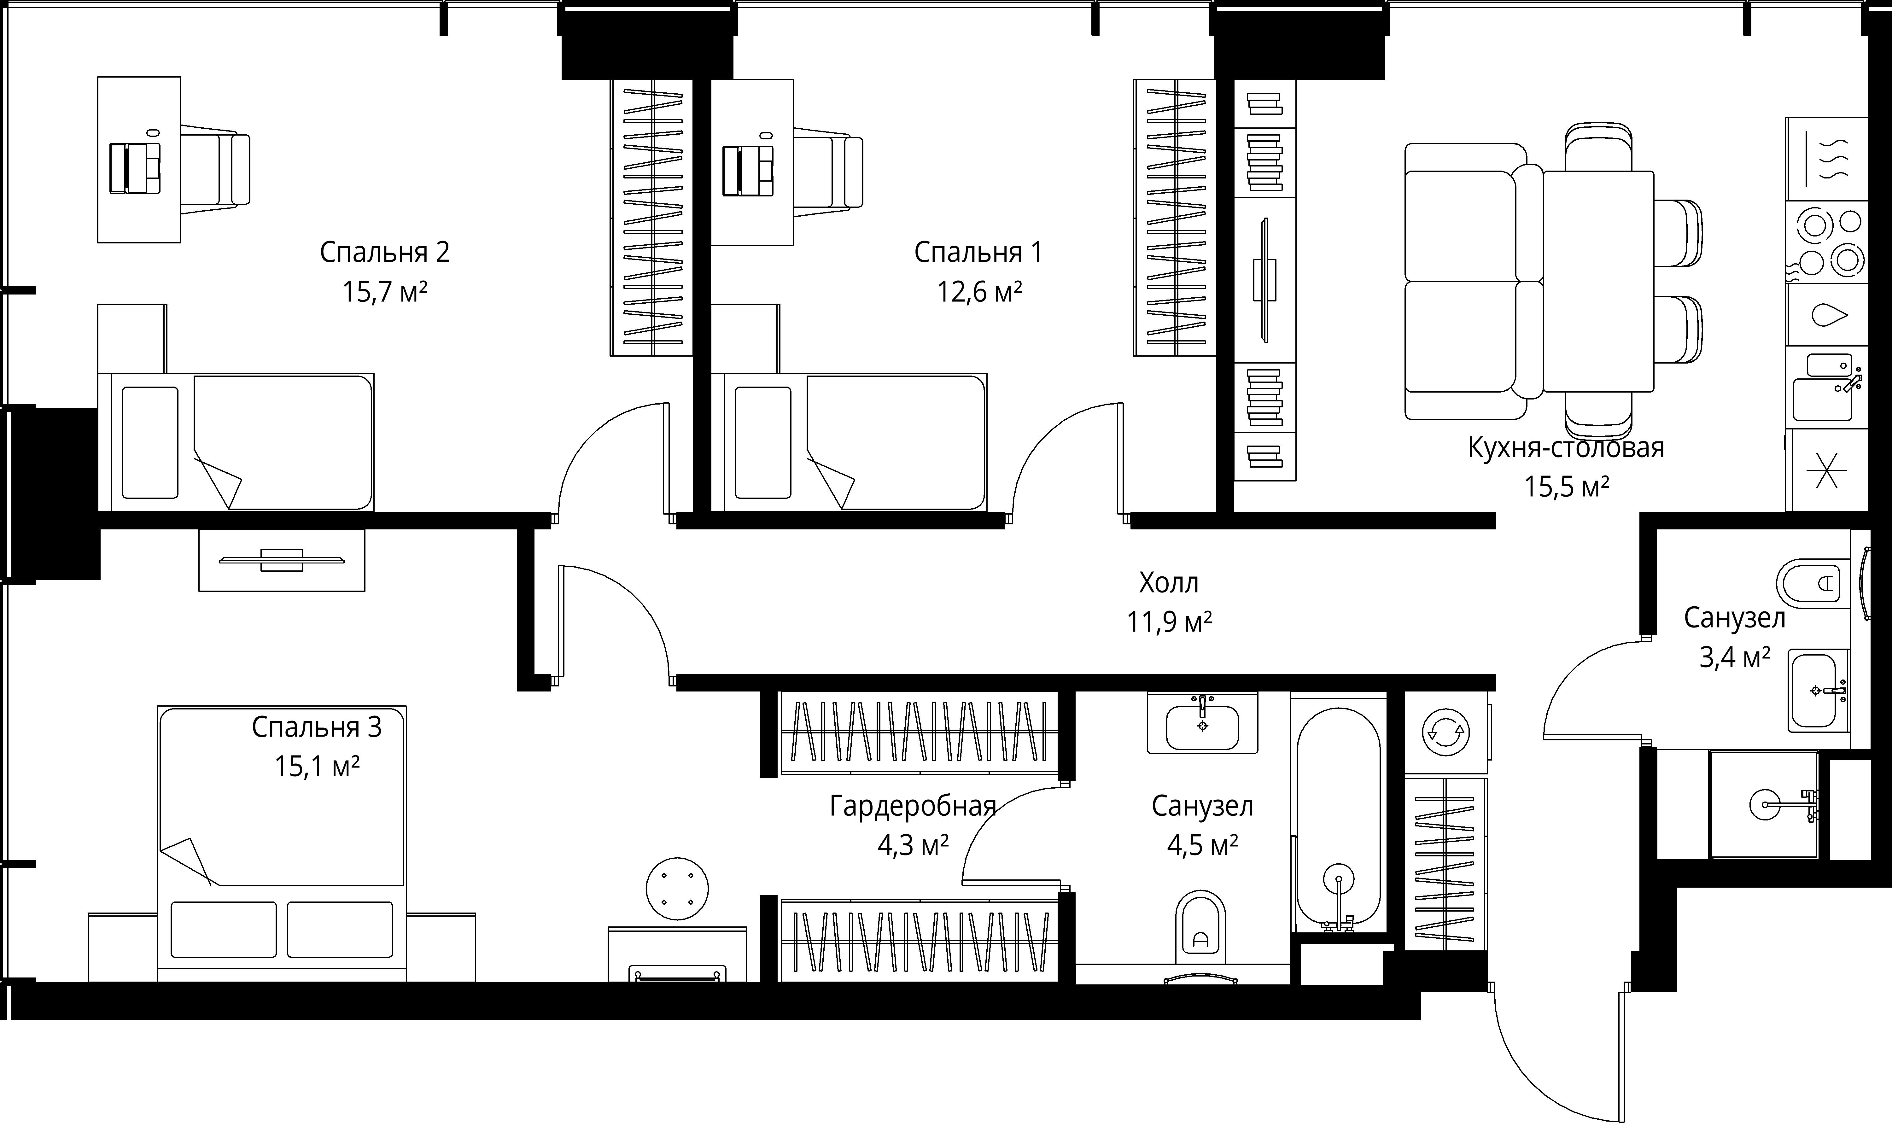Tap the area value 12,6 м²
[x=979, y=291]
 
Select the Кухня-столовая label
[x=1566, y=448]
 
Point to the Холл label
[x=1169, y=583]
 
